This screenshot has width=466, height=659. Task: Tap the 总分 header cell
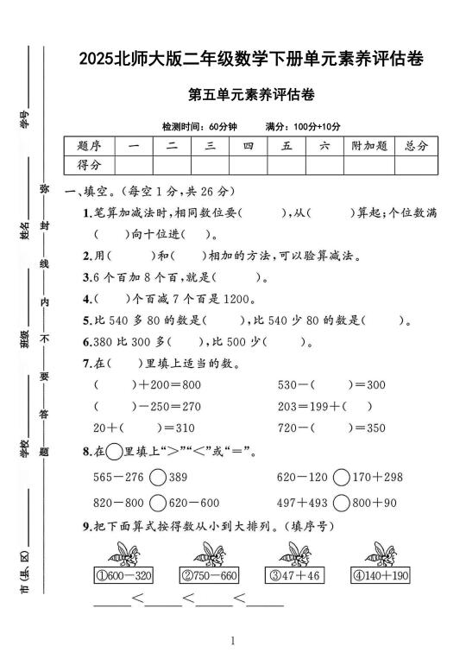click(411, 146)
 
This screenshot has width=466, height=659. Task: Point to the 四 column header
click(248, 146)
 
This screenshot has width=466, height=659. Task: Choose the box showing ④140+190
click(381, 575)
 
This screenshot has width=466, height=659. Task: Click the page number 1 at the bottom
click(234, 642)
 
